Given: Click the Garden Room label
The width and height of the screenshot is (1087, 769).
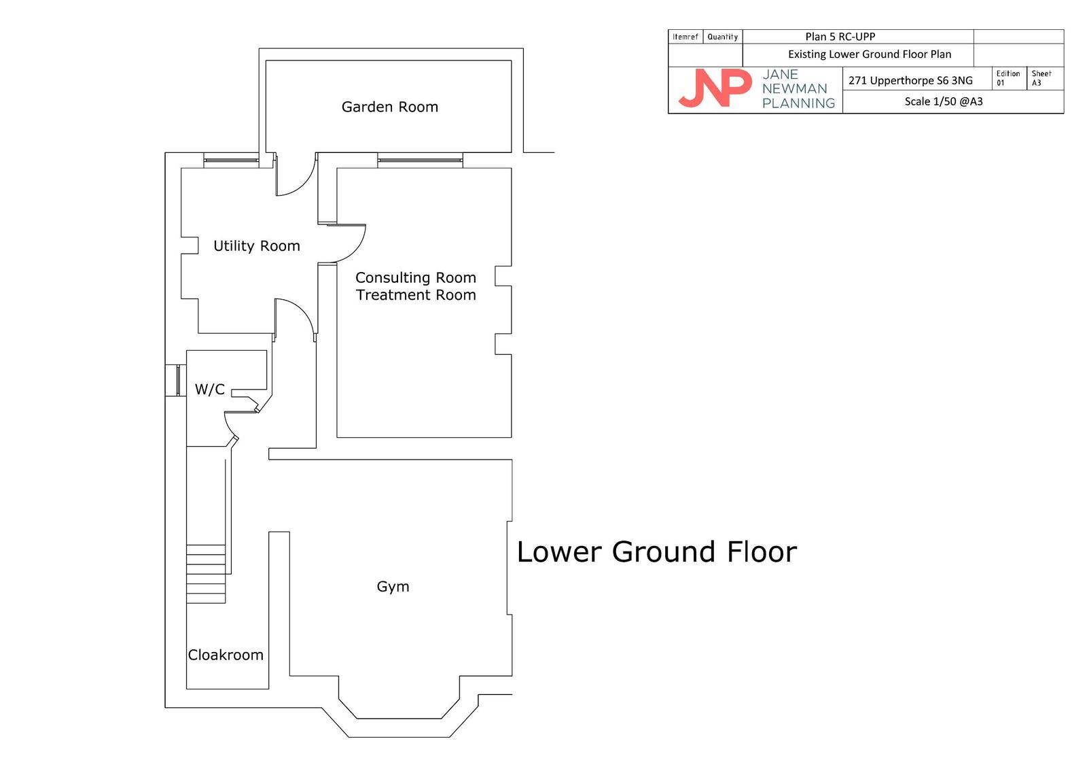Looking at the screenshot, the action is (x=390, y=107).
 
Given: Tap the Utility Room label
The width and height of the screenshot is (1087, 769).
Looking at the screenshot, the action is (x=257, y=246).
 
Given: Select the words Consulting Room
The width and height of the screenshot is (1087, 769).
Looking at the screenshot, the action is (x=416, y=277).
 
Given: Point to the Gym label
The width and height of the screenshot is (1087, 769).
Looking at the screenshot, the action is (x=393, y=587).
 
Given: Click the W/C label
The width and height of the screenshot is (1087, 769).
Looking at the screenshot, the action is (x=210, y=389).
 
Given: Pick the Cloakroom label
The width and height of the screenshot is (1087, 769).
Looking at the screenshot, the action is (x=226, y=655).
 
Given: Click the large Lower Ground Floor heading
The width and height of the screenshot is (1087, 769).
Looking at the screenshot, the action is (x=656, y=552).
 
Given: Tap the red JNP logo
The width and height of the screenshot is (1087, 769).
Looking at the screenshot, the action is (x=715, y=88).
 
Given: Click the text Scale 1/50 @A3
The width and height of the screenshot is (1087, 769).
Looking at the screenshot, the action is (x=944, y=101).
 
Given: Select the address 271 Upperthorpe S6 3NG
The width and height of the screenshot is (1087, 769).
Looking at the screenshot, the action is (x=910, y=81).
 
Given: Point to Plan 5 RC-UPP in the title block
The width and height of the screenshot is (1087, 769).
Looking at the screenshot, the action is (x=840, y=37).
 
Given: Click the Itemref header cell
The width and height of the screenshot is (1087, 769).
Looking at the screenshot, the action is (x=685, y=37).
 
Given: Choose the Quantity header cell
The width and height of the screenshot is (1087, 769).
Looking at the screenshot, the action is (x=723, y=37).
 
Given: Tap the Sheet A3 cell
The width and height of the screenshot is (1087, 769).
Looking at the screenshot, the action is (x=1045, y=78).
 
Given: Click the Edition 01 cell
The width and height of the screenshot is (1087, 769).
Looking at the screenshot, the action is (x=1009, y=78).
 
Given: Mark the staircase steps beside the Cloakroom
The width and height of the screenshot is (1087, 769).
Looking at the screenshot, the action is (x=206, y=574).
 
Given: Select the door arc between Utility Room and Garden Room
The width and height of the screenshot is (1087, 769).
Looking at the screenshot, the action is (x=303, y=184).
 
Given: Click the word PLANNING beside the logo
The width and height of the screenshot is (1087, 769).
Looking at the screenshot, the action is (x=798, y=103).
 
